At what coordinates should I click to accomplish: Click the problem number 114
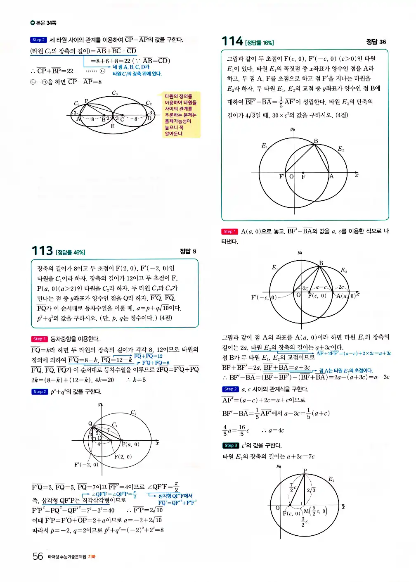click(x=232, y=41)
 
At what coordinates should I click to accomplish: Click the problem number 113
click(x=42, y=251)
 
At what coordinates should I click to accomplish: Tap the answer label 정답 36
click(x=376, y=42)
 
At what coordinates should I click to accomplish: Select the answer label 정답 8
click(x=188, y=251)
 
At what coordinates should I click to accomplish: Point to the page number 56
click(x=38, y=556)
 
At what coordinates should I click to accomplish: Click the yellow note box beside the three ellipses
click(x=181, y=115)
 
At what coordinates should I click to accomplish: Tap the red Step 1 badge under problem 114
click(x=229, y=232)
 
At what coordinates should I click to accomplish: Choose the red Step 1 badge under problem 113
click(x=39, y=339)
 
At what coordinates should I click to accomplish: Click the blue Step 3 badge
click(x=230, y=445)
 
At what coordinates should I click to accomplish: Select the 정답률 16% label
click(x=259, y=43)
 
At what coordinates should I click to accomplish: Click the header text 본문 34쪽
click(x=43, y=23)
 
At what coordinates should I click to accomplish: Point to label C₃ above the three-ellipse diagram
click(x=115, y=93)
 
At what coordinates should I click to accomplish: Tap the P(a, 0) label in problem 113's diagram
click(x=131, y=444)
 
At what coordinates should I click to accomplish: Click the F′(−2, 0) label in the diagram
click(x=86, y=464)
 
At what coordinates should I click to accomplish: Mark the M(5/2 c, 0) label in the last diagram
click(x=315, y=511)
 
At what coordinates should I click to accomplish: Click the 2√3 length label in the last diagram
click(x=311, y=490)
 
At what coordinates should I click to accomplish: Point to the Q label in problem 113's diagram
click(x=90, y=423)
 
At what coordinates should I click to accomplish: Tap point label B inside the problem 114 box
click(x=316, y=141)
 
